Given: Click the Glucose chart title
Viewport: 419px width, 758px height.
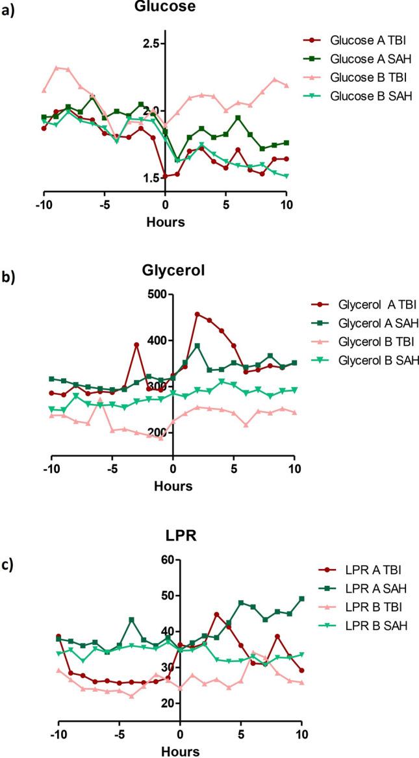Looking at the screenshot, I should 165,6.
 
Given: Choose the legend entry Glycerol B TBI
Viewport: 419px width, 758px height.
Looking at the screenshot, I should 366,341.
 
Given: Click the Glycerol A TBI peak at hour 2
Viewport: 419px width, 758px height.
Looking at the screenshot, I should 197,314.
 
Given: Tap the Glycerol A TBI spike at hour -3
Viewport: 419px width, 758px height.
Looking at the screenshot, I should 136,345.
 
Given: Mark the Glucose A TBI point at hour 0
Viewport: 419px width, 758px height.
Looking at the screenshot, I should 165,176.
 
